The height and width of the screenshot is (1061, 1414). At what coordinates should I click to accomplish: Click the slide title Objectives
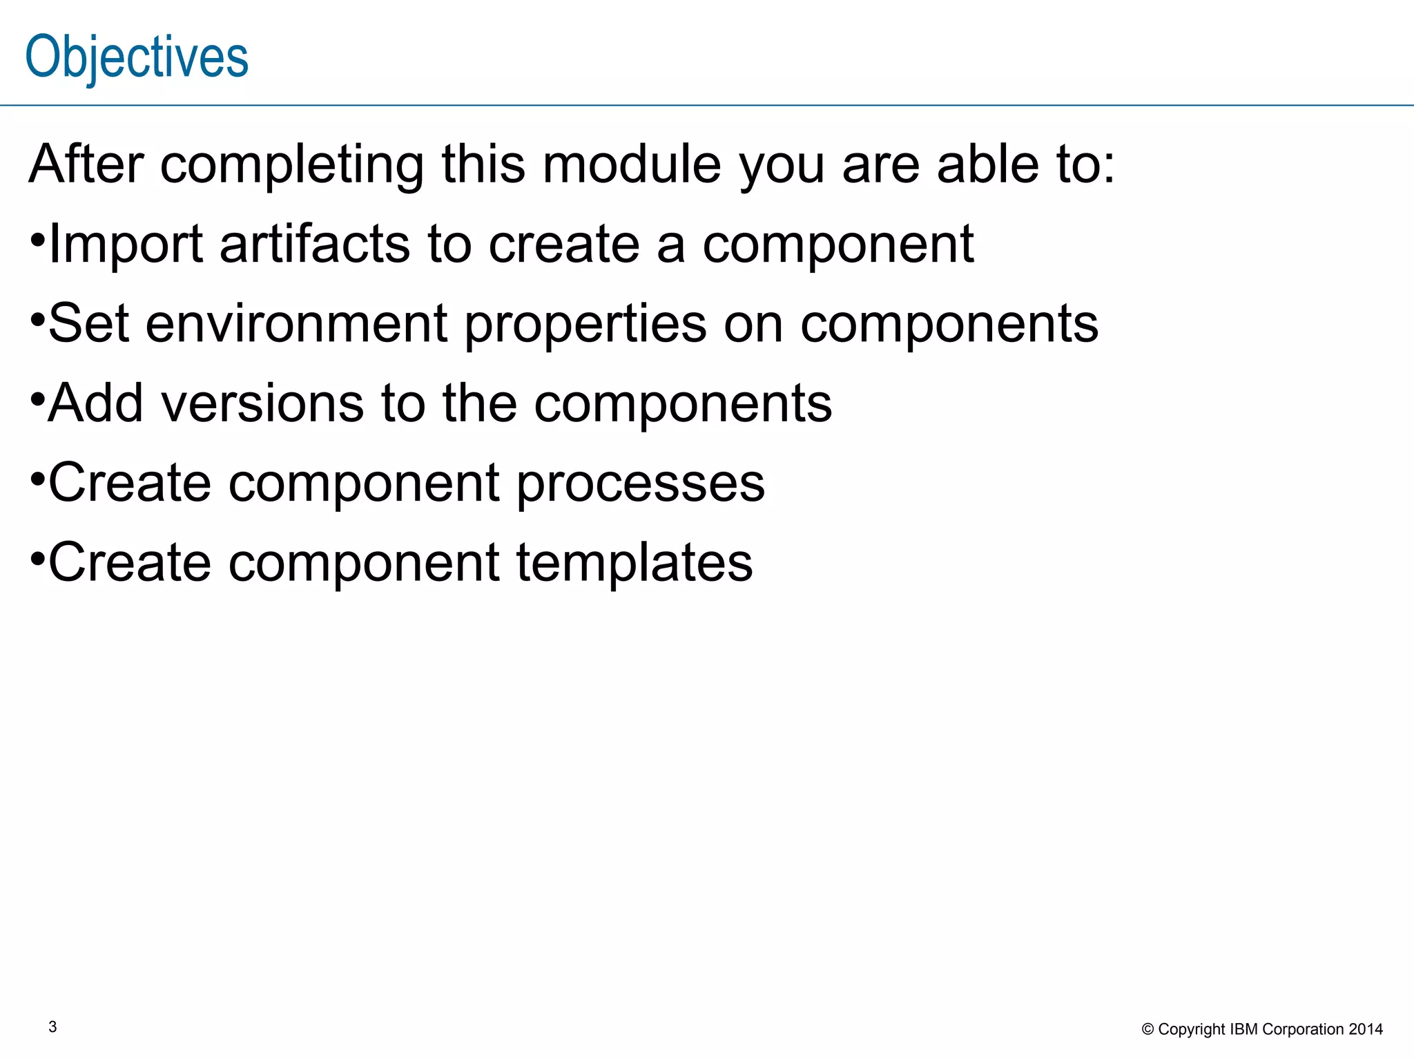click(x=137, y=58)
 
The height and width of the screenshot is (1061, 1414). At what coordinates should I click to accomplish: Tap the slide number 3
click(x=53, y=1027)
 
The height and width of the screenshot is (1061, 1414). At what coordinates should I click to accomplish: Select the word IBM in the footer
click(x=1244, y=1029)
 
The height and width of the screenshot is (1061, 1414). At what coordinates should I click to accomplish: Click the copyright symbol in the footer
click(x=1147, y=1030)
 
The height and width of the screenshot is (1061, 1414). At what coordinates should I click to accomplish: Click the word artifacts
click(x=315, y=245)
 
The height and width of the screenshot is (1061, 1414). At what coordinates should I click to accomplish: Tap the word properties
click(x=585, y=325)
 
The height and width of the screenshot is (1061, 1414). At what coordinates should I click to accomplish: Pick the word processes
click(x=641, y=484)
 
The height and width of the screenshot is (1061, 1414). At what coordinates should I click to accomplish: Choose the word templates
click(x=635, y=563)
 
